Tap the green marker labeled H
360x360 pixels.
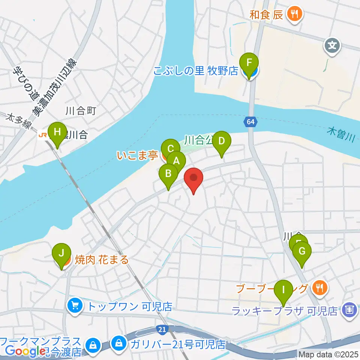tap(57, 132)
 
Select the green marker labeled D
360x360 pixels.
tap(222, 141)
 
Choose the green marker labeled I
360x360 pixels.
tap(283, 289)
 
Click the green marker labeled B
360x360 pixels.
tap(168, 174)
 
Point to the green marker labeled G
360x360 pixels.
tap(302, 252)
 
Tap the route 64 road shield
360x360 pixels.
tap(250, 121)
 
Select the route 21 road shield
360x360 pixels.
tap(162, 329)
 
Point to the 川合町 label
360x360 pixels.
tap(81, 111)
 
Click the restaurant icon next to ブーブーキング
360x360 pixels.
tap(320, 288)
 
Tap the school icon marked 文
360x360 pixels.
tap(332, 46)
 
